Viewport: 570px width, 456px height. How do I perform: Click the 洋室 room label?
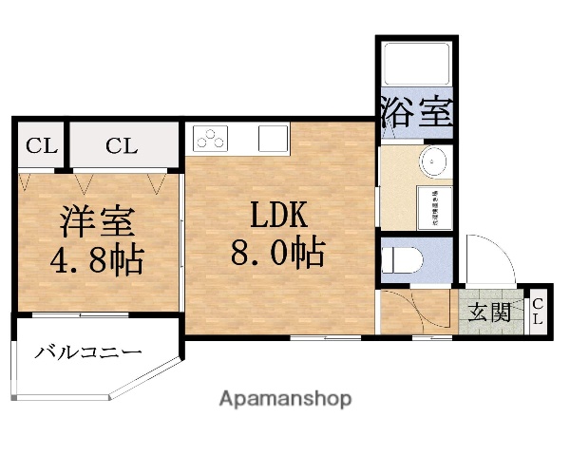95,221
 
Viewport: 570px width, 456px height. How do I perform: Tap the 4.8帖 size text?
95,257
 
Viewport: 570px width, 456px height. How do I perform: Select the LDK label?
277,217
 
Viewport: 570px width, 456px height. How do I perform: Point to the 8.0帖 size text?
277,253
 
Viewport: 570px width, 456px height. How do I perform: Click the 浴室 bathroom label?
415,112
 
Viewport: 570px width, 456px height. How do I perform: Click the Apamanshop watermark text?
285,398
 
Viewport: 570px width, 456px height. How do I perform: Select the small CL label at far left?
41,146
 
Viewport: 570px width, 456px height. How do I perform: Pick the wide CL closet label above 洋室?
122,146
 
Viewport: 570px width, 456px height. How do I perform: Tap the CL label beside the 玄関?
538,311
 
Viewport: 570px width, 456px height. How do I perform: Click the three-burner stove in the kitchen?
210,141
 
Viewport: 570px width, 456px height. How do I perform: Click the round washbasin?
434,163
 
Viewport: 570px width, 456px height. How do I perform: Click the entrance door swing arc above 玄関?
488,262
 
